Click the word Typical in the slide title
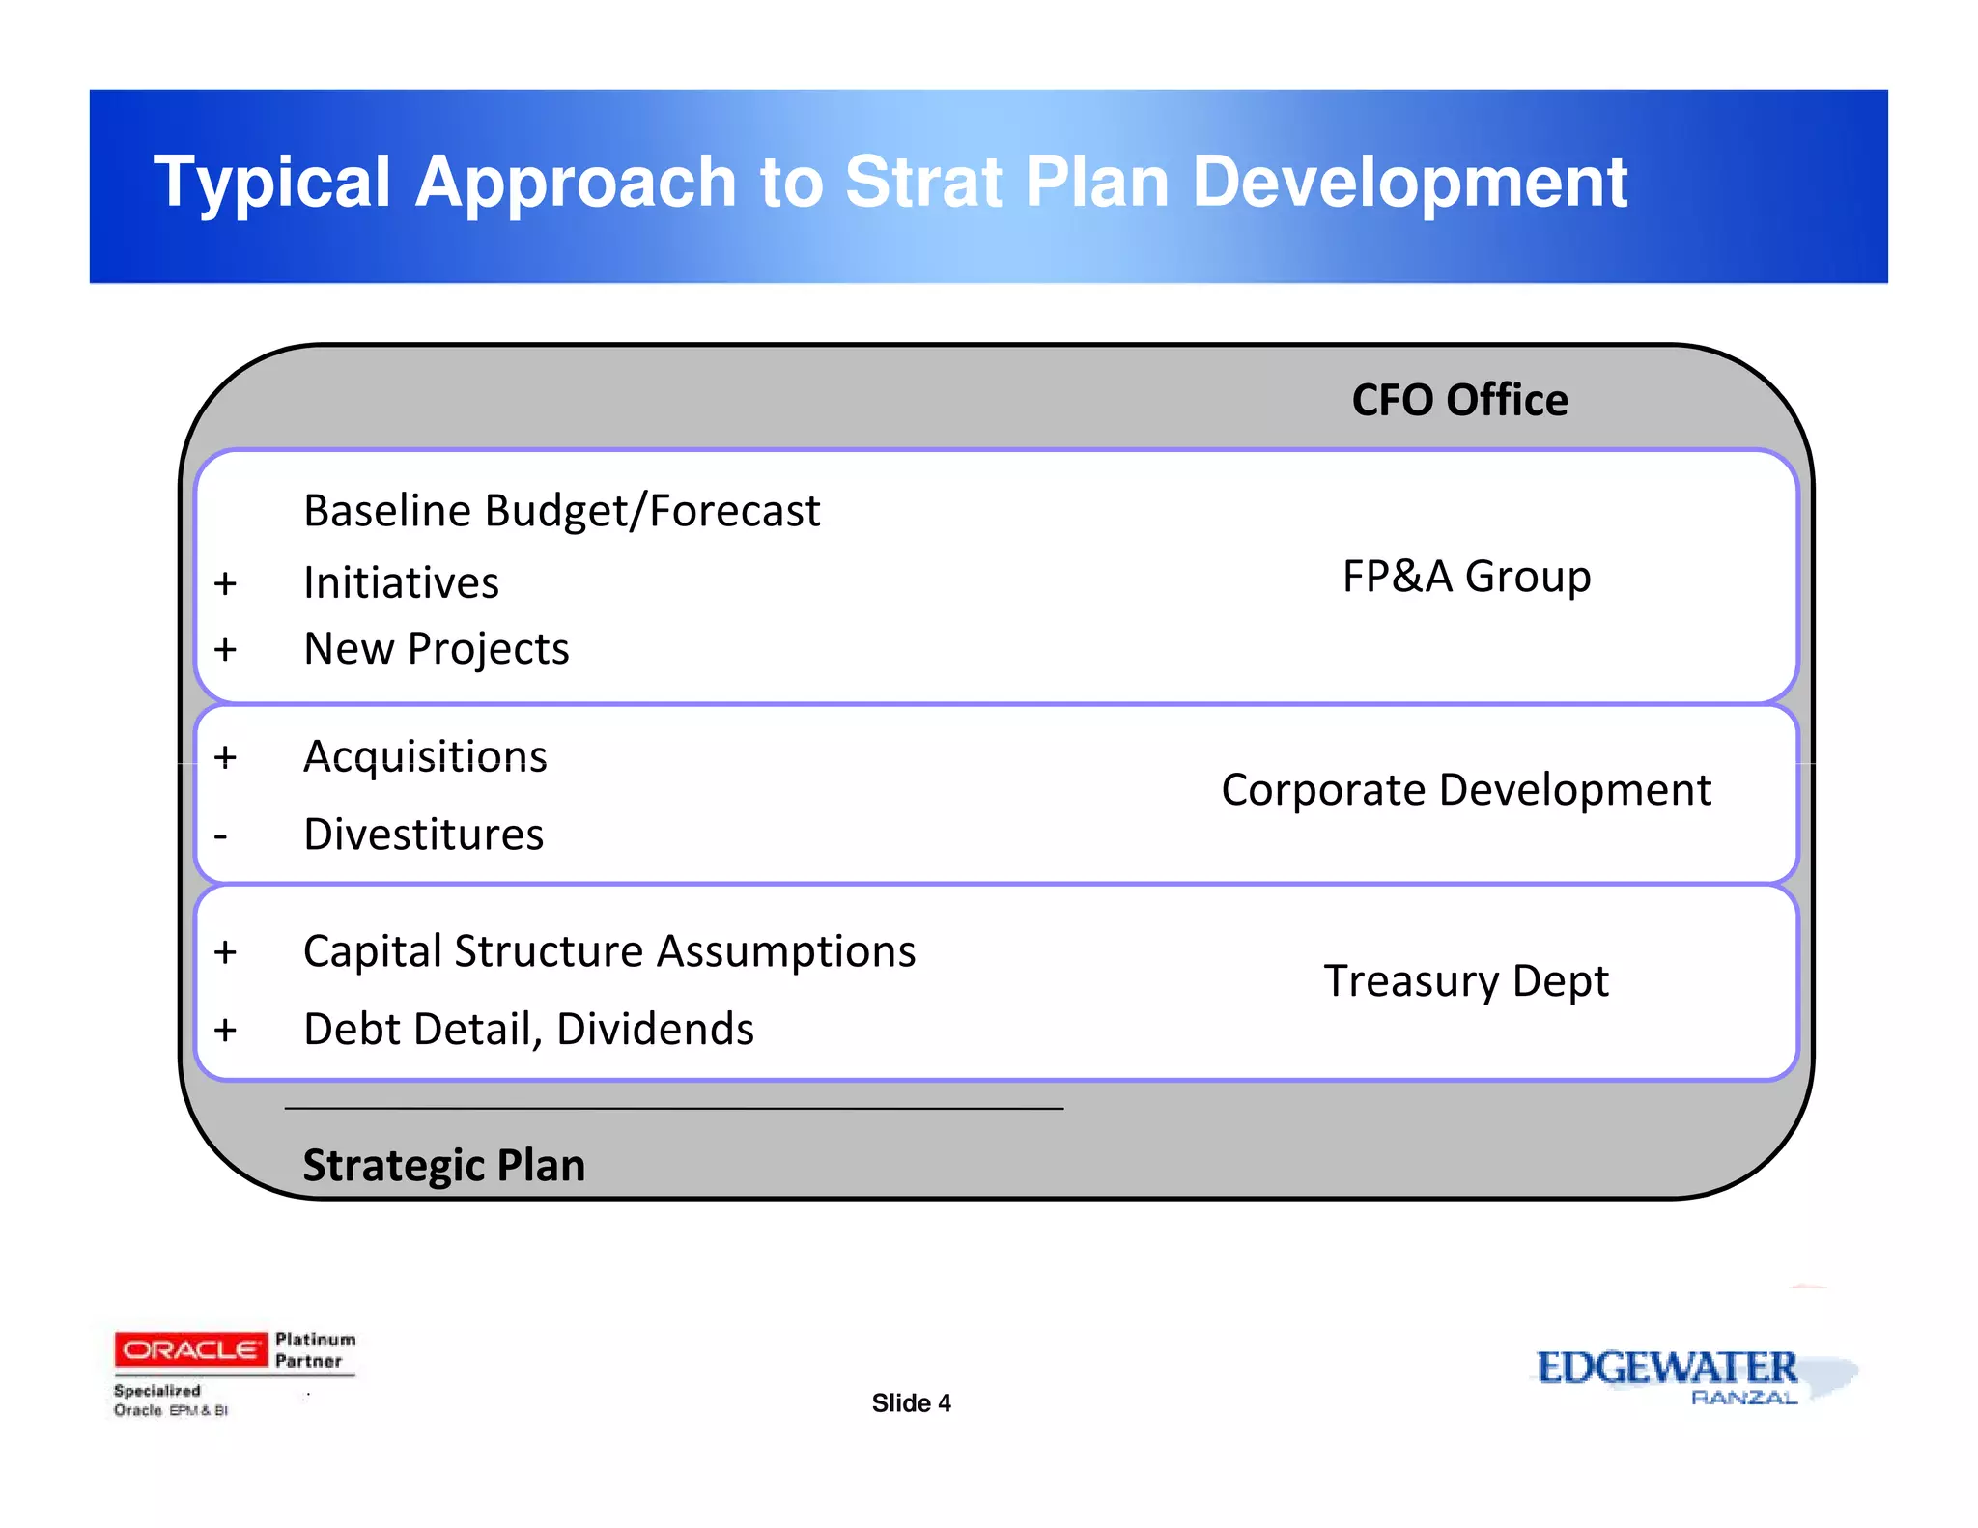pos(272,183)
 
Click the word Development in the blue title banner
pos(1409,183)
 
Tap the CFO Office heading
pos(1458,400)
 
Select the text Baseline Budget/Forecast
pos(561,511)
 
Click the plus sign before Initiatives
pos(225,583)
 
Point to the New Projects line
pos(436,649)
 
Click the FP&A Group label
pos(1466,577)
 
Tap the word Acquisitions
pos(425,756)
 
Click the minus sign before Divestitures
pos(221,835)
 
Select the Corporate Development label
pos(1465,790)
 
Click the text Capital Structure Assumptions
pos(608,951)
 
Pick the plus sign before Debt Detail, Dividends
pos(225,1030)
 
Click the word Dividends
pos(655,1030)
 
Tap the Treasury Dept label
pos(1465,981)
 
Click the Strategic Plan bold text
pos(443,1166)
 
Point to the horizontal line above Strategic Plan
pos(673,1108)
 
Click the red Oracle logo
pos(190,1349)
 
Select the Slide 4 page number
pos(911,1403)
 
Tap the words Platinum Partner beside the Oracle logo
pos(314,1350)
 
